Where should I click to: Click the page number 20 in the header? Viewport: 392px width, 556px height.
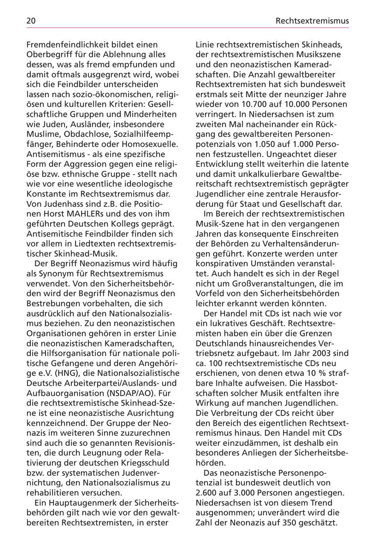(x=31, y=20)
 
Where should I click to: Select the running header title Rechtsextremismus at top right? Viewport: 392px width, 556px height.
(x=312, y=20)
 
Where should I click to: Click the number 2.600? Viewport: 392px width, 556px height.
(x=209, y=493)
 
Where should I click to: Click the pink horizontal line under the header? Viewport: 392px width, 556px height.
(x=187, y=27)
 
